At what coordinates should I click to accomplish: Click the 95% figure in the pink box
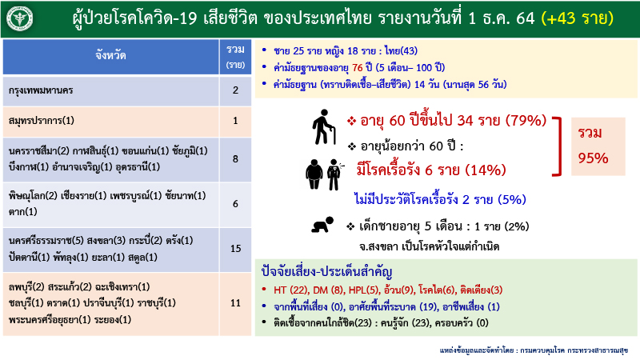coord(593,158)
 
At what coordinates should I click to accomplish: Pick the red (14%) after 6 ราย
coord(482,169)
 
